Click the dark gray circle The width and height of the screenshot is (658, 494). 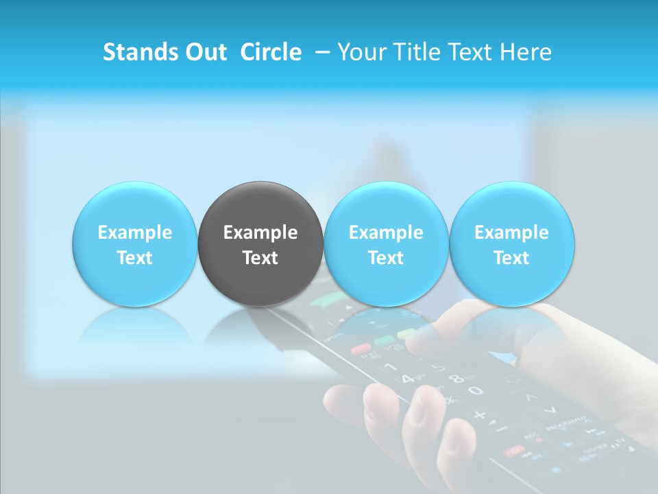(x=260, y=244)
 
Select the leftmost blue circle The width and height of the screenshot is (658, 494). (x=134, y=244)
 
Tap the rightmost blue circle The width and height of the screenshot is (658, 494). (x=511, y=244)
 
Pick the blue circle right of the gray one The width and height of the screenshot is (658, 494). (x=386, y=244)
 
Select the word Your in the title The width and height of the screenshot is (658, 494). (x=361, y=52)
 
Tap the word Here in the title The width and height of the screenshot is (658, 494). (x=526, y=52)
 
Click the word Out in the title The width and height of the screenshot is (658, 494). (x=205, y=52)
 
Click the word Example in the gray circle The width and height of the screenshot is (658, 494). (x=260, y=233)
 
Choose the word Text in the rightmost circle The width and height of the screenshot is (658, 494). (x=511, y=258)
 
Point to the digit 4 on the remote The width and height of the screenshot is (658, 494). (x=408, y=378)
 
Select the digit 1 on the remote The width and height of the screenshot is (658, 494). (x=392, y=367)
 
